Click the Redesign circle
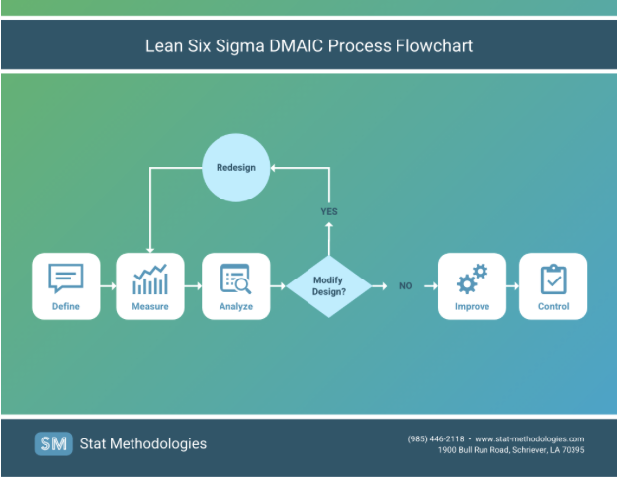tap(235, 167)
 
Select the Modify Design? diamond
tap(329, 286)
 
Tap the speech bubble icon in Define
tap(66, 278)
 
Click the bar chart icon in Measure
tap(150, 279)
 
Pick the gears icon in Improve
tap(472, 279)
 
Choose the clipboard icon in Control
tap(554, 279)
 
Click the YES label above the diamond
tap(329, 212)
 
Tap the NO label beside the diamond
tap(405, 286)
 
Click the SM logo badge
tap(53, 443)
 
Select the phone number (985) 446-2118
tap(436, 438)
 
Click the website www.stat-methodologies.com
tap(530, 438)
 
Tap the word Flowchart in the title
tap(432, 45)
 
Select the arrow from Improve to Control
tap(513, 286)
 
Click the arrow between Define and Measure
tap(108, 286)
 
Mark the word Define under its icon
tap(66, 306)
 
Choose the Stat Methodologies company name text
tap(144, 443)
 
